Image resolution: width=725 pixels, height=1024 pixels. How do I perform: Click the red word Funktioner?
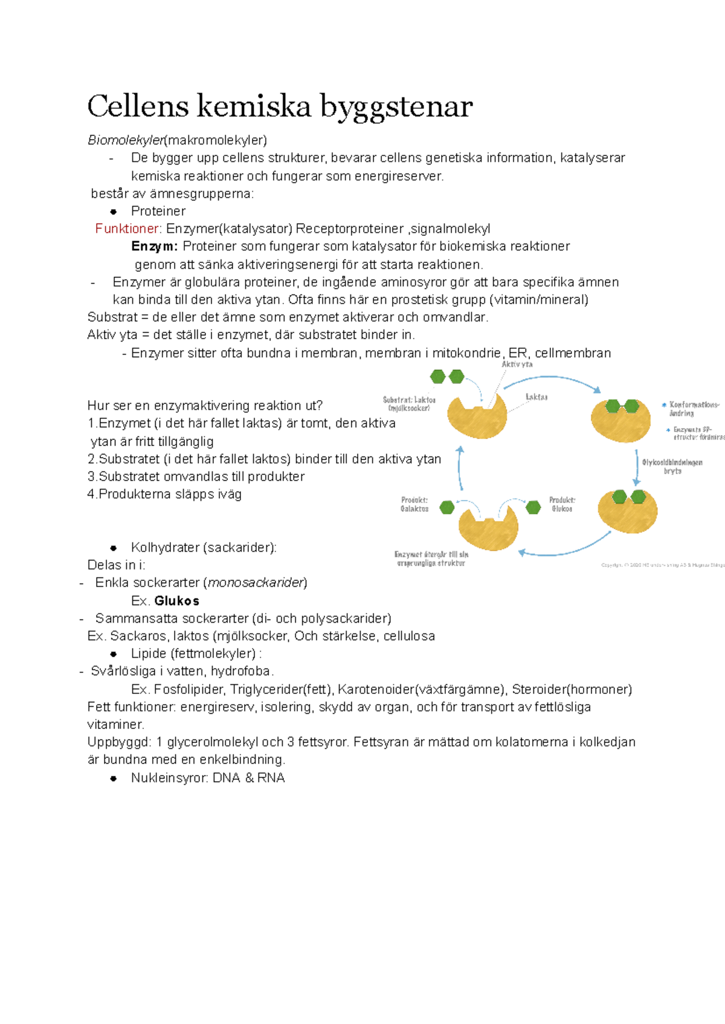click(x=127, y=228)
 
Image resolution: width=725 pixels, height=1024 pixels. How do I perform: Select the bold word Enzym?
click(x=155, y=246)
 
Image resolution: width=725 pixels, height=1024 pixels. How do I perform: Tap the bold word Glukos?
click(x=176, y=601)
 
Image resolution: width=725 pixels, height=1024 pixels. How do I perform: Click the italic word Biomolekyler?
click(x=126, y=140)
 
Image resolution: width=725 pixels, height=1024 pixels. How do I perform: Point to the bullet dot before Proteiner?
click(x=113, y=212)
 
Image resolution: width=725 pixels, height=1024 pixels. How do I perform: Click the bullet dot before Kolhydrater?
click(x=113, y=548)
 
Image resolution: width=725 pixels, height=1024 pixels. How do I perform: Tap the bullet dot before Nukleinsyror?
click(x=113, y=778)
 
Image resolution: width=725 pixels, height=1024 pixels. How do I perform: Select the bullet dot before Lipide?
click(x=113, y=654)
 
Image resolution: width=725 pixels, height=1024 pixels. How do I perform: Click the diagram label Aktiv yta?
click(x=517, y=365)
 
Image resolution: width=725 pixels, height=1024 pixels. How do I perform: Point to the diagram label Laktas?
click(x=536, y=397)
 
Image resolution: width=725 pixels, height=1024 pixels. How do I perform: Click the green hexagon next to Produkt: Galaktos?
click(x=447, y=507)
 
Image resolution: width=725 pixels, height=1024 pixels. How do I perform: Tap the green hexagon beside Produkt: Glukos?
click(x=533, y=507)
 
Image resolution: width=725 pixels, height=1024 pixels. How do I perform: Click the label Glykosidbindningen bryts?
click(x=672, y=467)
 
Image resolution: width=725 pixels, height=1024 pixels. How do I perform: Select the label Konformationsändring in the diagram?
click(x=694, y=409)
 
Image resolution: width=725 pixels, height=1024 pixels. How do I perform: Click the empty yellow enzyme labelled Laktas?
click(x=477, y=415)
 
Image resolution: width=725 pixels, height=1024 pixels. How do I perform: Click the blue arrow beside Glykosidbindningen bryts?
click(x=636, y=467)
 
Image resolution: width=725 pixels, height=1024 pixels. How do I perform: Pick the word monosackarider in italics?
click(x=256, y=583)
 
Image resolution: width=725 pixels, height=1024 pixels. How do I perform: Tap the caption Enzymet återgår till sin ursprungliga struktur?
click(x=431, y=559)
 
